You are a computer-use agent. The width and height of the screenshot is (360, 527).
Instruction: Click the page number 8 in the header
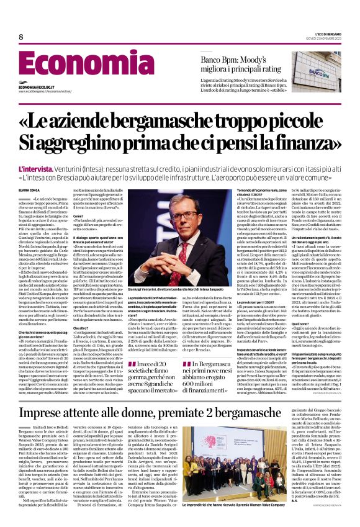coord(21,37)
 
